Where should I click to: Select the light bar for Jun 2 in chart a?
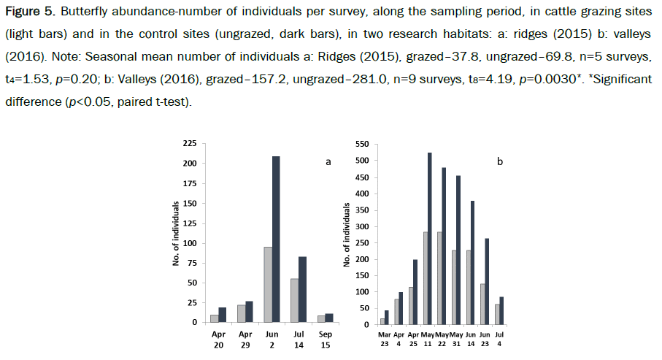[x=267, y=284]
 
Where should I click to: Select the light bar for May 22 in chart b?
[x=441, y=277]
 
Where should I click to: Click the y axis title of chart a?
[x=176, y=234]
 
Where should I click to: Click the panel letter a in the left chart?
[x=328, y=162]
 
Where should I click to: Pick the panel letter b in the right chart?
[x=499, y=162]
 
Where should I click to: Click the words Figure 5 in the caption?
[x=28, y=15]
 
